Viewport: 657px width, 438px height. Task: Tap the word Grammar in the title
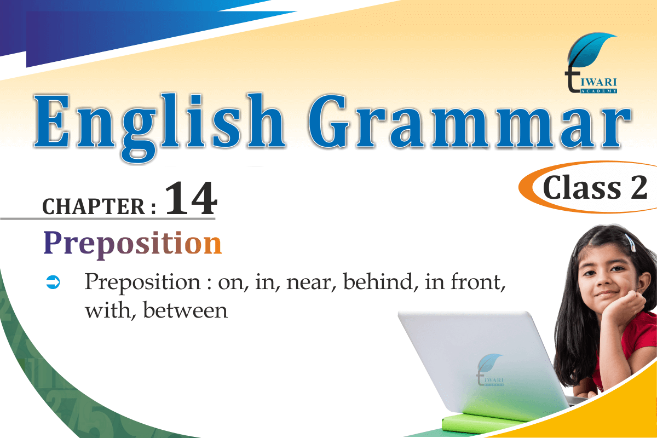[x=469, y=121]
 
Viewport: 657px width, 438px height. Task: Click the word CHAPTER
[x=94, y=206]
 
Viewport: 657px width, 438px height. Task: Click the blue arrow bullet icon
[x=53, y=282]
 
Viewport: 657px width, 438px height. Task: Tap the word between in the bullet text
[x=186, y=310]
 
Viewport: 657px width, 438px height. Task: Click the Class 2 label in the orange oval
[x=595, y=187]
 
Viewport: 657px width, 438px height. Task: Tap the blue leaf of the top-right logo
[x=590, y=49]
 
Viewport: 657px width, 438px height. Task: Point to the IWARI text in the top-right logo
[x=598, y=83]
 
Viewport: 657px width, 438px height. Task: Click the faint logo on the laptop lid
[x=489, y=370]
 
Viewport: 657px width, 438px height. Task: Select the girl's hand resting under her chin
[x=625, y=305]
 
